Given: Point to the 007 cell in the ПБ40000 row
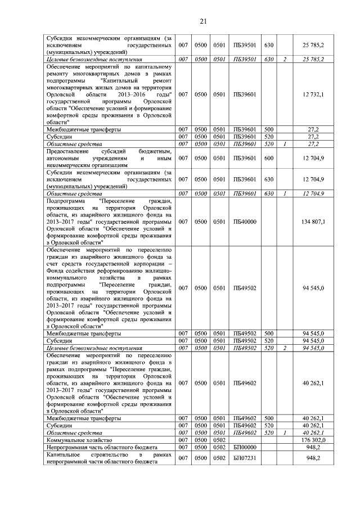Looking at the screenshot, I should (182, 222).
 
